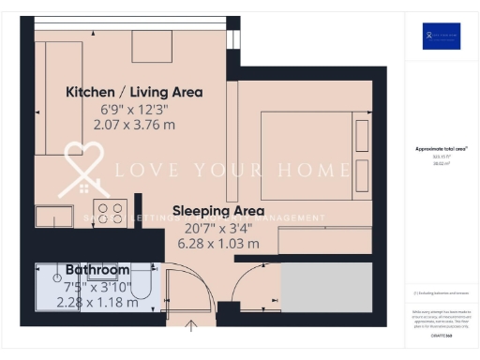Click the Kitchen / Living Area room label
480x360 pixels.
[133, 92]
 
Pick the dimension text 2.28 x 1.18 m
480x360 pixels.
[94, 302]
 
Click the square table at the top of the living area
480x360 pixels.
[150, 44]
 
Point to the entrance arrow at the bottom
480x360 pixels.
[193, 326]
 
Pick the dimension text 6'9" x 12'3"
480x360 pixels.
[134, 109]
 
